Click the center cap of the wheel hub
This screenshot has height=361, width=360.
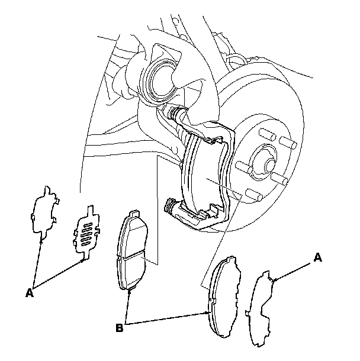click(262, 161)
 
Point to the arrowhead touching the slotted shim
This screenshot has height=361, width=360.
click(83, 259)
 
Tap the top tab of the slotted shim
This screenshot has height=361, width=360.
click(88, 209)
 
